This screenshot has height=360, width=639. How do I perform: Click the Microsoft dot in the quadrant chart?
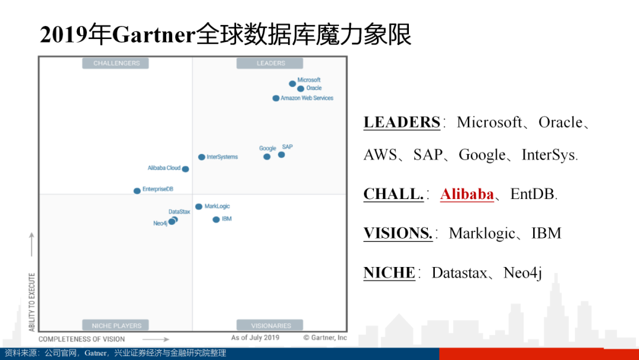[x=292, y=83]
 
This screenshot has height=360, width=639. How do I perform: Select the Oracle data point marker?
[x=301, y=89]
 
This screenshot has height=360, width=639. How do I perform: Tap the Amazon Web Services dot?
[x=276, y=98]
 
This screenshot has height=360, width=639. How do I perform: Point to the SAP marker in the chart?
[x=281, y=155]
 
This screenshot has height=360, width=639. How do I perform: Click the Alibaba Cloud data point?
[x=185, y=169]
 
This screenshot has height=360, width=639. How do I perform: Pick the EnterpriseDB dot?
[x=137, y=191]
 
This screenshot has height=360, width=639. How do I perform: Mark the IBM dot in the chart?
[x=216, y=220]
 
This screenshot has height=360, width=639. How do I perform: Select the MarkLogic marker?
[x=198, y=207]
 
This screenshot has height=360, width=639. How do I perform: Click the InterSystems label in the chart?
[x=222, y=157]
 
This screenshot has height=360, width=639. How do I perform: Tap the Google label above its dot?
[x=267, y=149]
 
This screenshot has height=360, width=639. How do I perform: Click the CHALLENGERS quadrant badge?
[x=116, y=63]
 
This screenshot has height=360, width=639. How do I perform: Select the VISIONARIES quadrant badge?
[x=270, y=325]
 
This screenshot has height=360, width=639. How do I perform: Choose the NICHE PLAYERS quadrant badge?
[x=116, y=325]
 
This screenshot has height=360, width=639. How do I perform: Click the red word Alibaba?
[x=467, y=194]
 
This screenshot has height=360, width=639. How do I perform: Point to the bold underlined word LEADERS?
[x=402, y=123]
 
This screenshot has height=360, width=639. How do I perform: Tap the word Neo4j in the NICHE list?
[x=522, y=273]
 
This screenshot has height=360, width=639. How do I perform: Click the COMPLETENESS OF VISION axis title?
[x=82, y=339]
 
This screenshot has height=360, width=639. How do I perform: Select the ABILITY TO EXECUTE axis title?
[x=32, y=302]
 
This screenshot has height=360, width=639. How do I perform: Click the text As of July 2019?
[x=255, y=337]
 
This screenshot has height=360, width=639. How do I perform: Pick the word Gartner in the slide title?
[x=154, y=34]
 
